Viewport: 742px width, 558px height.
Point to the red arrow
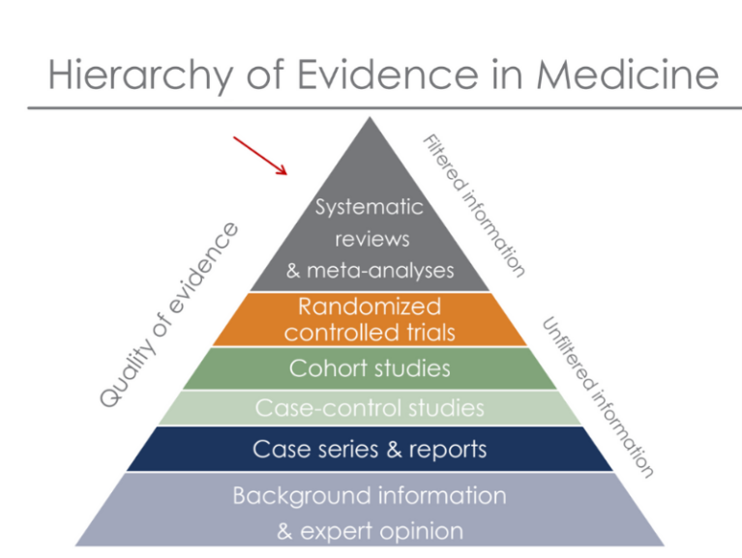[x=260, y=156]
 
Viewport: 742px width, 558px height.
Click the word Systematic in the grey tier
[x=369, y=207]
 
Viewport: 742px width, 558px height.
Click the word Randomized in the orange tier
[x=369, y=308]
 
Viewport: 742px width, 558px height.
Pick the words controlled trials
[x=369, y=333]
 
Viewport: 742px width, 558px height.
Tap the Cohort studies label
[x=369, y=368]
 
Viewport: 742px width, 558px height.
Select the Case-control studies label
[x=369, y=408]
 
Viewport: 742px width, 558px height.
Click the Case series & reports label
[x=369, y=449]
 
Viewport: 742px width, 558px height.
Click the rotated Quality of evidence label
[x=169, y=313]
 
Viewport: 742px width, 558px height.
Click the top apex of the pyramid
[x=369, y=120]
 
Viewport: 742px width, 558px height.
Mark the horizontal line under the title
[x=371, y=107]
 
